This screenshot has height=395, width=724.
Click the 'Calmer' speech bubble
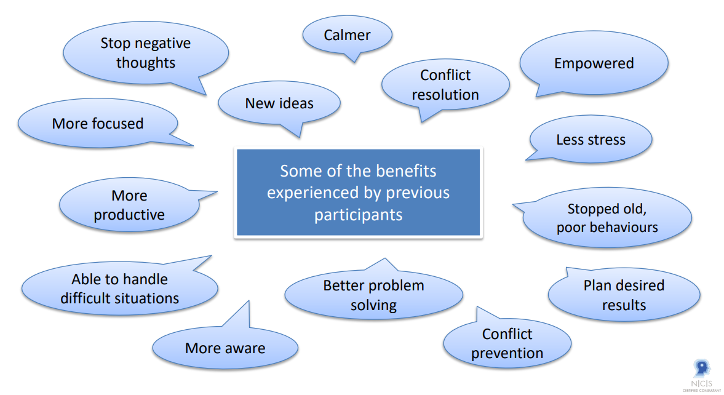(347, 35)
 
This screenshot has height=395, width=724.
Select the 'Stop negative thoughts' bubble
(146, 53)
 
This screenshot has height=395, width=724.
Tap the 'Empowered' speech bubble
(594, 63)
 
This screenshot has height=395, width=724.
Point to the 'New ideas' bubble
(279, 103)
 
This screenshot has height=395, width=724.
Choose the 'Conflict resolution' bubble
(445, 85)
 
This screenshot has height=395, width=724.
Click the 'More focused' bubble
(98, 124)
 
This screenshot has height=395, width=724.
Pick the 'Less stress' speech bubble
(591, 140)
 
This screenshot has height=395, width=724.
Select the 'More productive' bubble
(129, 205)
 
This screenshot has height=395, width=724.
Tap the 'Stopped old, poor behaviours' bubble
(607, 218)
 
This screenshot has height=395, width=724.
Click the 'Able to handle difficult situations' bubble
(119, 289)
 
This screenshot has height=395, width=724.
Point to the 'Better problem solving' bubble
(373, 295)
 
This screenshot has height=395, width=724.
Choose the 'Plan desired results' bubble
(624, 295)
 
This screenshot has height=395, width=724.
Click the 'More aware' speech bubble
(225, 348)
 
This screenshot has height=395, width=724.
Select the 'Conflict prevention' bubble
(507, 343)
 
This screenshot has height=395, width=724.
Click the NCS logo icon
(701, 369)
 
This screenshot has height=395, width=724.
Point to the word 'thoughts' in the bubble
(146, 63)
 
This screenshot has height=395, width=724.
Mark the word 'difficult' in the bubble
(85, 298)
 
